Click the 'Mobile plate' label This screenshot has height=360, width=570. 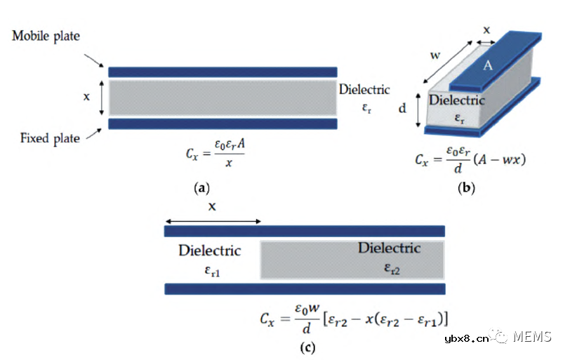tap(46, 36)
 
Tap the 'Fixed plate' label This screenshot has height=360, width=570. tap(50, 138)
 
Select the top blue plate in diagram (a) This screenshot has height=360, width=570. tap(223, 72)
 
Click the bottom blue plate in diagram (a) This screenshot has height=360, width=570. tap(223, 124)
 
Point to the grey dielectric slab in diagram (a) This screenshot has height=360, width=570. tap(223, 98)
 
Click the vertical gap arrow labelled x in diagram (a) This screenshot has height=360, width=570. tap(102, 98)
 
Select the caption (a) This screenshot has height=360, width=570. tap(201, 188)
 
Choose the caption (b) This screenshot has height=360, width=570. tap(466, 188)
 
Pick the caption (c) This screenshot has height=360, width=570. tap(307, 347)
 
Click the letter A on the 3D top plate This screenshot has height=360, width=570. tap(487, 65)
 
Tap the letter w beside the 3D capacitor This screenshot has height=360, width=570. tap(435, 55)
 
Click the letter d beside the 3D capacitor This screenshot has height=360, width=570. tap(402, 108)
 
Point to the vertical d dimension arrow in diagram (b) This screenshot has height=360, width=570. tap(418, 110)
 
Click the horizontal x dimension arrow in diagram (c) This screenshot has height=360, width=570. tap(213, 221)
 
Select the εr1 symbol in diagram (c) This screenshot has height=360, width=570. tap(212, 271)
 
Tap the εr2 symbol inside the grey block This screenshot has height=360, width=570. tap(392, 269)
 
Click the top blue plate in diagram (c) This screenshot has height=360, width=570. tap(305, 231)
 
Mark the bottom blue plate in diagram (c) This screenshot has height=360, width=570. tap(305, 289)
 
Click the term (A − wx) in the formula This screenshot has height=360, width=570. tap(500, 159)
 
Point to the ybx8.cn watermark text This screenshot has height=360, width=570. tap(467, 339)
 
